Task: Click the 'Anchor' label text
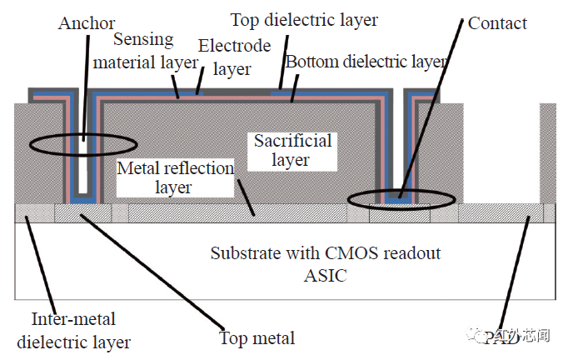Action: pos(86,22)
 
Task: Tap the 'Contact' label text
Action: pos(497,22)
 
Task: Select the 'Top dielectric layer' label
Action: pos(303,19)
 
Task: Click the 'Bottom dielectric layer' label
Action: pos(366,62)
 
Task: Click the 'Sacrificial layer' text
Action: pos(292,149)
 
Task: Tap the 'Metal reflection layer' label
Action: pos(175,177)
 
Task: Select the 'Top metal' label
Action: pos(257,337)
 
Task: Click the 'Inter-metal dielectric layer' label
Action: pos(73,330)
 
